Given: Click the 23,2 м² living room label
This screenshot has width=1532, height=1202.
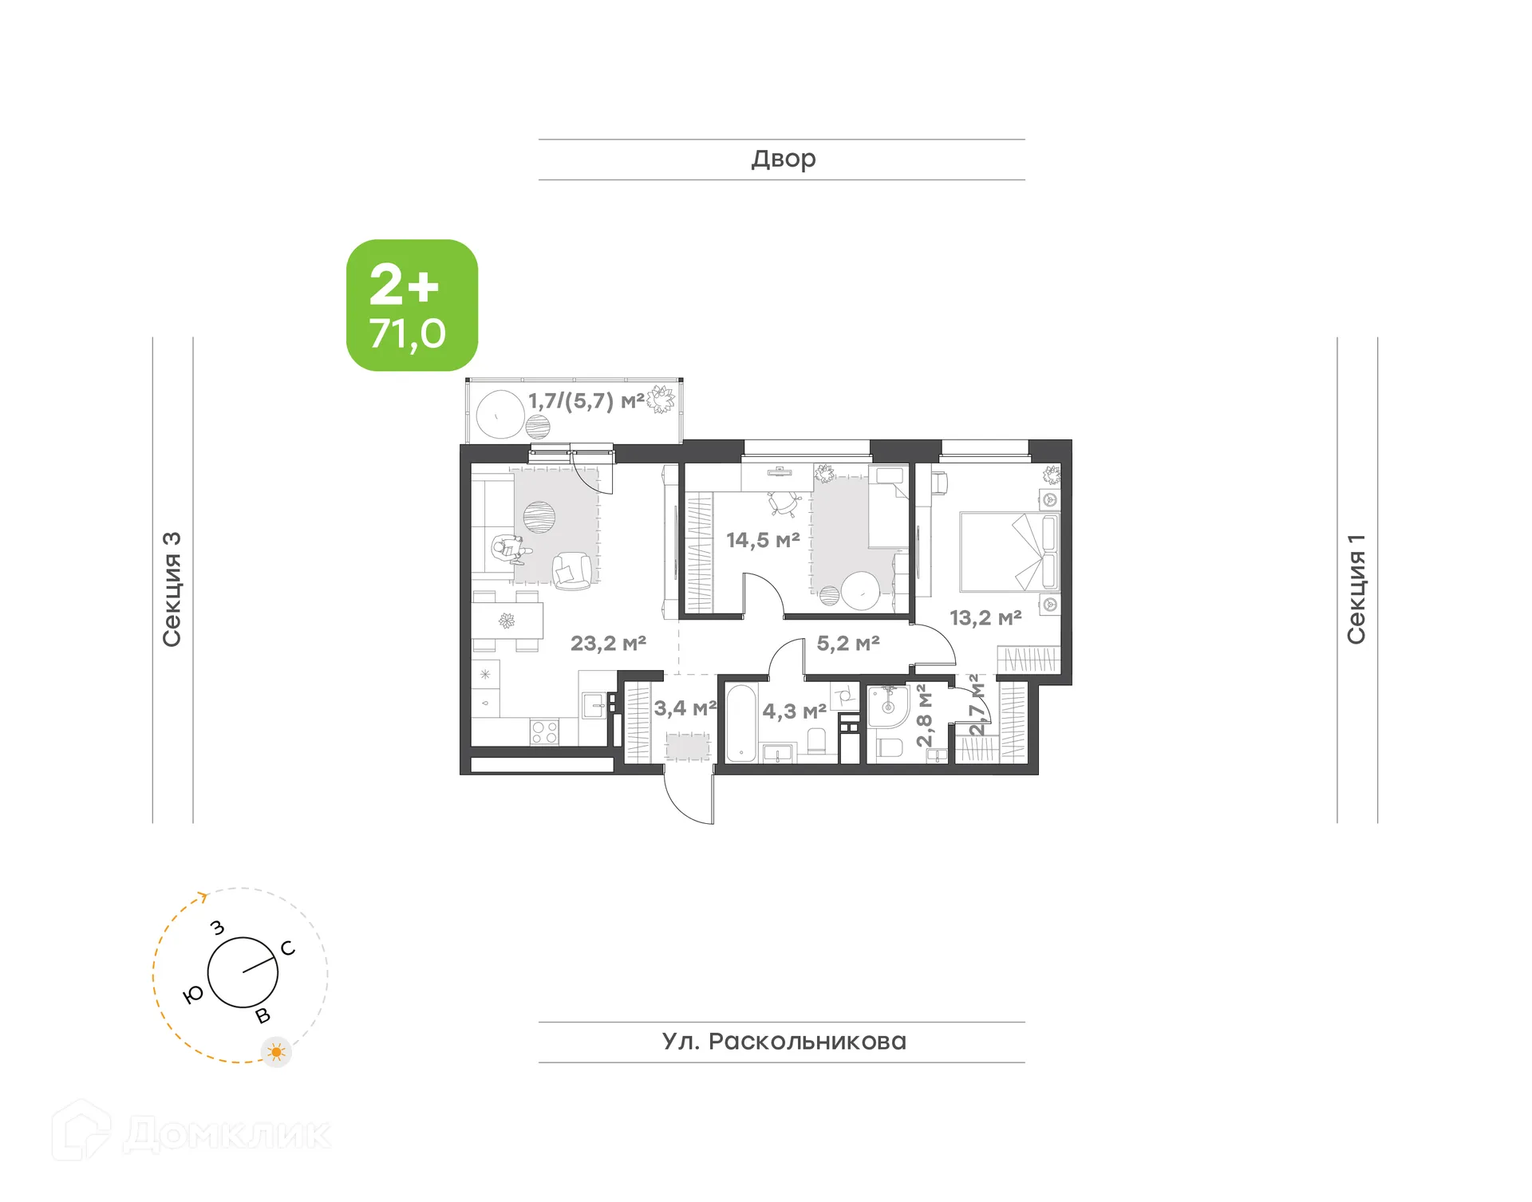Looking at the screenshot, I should click(x=608, y=643).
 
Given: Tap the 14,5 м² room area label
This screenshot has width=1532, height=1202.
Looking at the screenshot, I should click(x=762, y=540).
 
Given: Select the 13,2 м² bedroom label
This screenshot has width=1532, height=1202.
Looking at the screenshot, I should click(x=985, y=617).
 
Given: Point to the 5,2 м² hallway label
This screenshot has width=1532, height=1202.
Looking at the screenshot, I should click(x=847, y=643).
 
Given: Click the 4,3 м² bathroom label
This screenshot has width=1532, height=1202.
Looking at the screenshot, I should click(x=793, y=711).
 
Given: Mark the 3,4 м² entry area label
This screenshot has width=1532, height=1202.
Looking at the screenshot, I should click(x=685, y=707).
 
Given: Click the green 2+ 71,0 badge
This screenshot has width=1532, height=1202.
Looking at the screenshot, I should click(x=412, y=305).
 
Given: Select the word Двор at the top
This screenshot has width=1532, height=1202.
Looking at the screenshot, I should click(x=783, y=159).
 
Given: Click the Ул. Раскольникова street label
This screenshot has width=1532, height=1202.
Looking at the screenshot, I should click(x=783, y=1041).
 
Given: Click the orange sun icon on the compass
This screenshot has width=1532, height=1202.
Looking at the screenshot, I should click(x=277, y=1052).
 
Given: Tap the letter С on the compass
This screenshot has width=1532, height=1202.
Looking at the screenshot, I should click(x=288, y=948).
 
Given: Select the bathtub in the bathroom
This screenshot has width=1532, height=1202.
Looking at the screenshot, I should click(x=740, y=723).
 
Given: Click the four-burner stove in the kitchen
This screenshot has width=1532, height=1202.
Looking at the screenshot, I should click(x=544, y=732).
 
